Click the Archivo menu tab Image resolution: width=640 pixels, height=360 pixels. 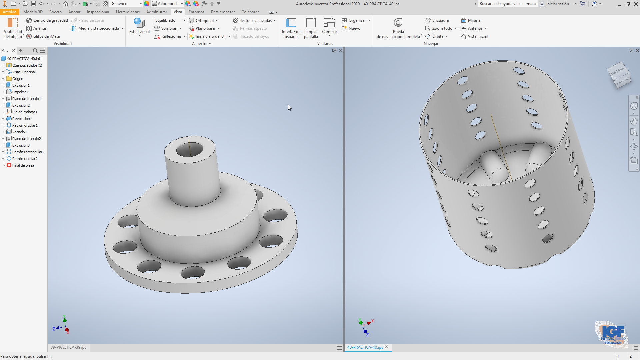9,12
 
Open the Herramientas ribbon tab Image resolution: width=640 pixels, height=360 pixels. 128,12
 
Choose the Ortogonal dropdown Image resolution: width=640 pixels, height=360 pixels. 203,20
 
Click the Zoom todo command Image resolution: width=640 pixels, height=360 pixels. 441,28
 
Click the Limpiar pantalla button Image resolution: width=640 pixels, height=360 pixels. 311,28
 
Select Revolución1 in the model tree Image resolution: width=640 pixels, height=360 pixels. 22,119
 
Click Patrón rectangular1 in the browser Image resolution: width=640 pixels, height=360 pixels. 28,152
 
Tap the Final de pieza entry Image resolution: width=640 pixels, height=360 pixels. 23,165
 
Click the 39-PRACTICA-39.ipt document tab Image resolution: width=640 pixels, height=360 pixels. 68,347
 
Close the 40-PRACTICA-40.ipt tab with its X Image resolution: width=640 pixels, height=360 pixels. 387,347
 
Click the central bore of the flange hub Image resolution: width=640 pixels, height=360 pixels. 189,150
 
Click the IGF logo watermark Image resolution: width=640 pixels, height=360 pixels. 612,334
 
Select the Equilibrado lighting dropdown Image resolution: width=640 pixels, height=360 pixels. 169,20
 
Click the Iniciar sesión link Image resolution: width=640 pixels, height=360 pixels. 557,4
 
